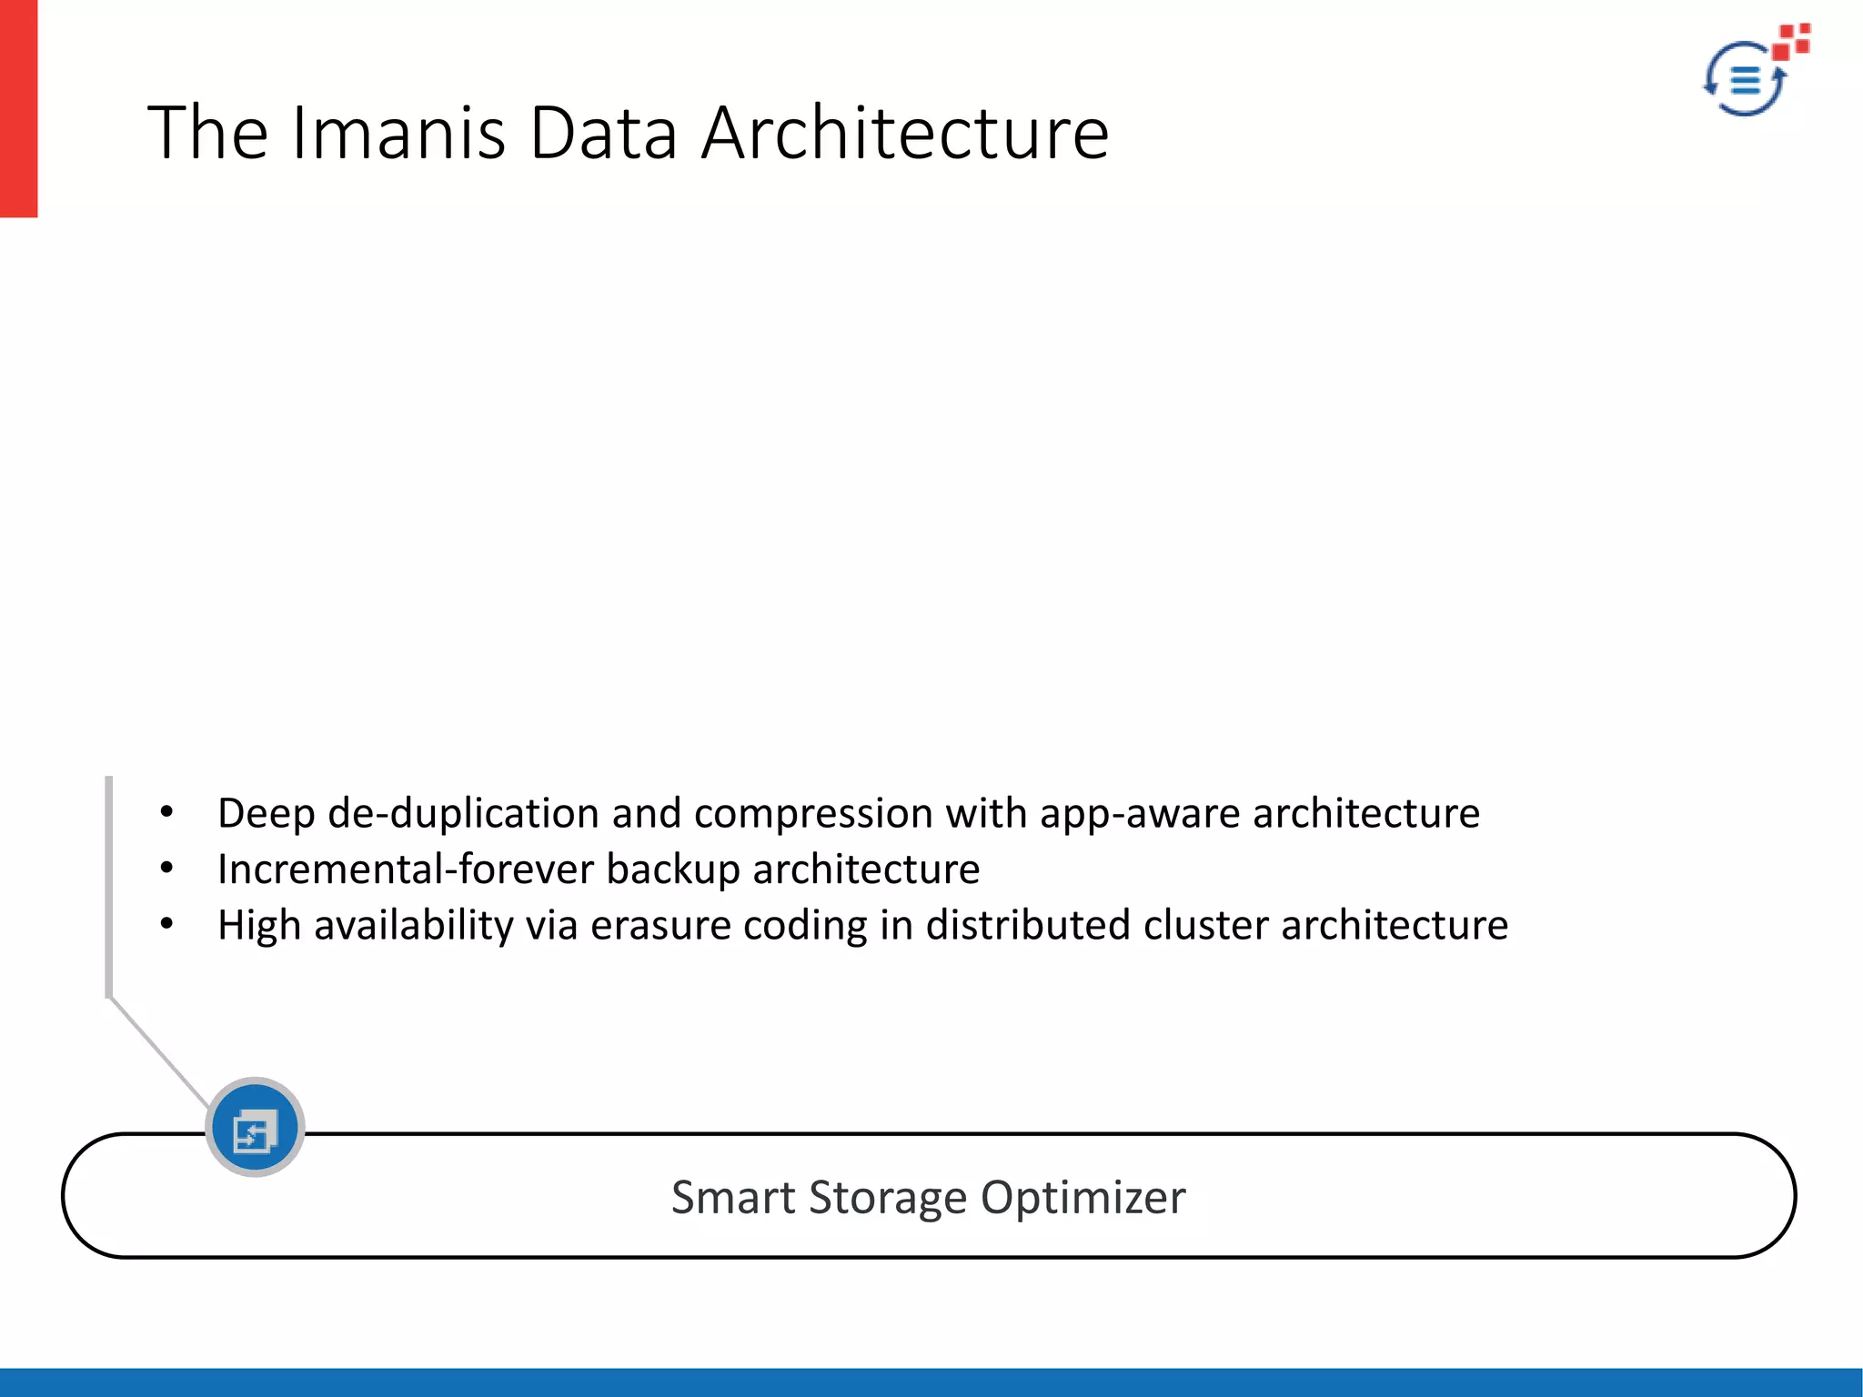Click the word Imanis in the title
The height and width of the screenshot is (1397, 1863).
pos(398,133)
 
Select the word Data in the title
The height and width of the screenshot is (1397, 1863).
pos(603,133)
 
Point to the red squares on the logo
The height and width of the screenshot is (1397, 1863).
pos(1792,40)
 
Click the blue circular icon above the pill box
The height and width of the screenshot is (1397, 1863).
pos(255,1128)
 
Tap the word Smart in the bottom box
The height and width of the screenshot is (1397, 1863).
pos(732,1198)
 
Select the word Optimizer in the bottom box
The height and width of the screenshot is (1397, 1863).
pos(1083,1198)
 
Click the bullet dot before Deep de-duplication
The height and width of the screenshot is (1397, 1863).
pos(166,812)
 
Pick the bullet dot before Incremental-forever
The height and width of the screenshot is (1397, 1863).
pos(166,869)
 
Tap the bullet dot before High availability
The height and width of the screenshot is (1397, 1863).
pos(166,925)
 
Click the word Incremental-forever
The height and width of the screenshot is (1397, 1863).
pos(405,869)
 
